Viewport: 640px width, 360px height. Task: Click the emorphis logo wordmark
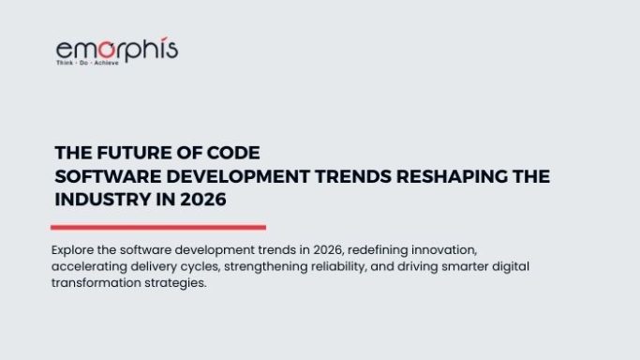tap(117, 50)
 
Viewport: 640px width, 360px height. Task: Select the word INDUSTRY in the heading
tap(103, 200)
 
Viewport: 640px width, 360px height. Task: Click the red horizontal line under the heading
tap(157, 227)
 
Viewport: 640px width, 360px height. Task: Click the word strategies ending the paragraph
tap(178, 283)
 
